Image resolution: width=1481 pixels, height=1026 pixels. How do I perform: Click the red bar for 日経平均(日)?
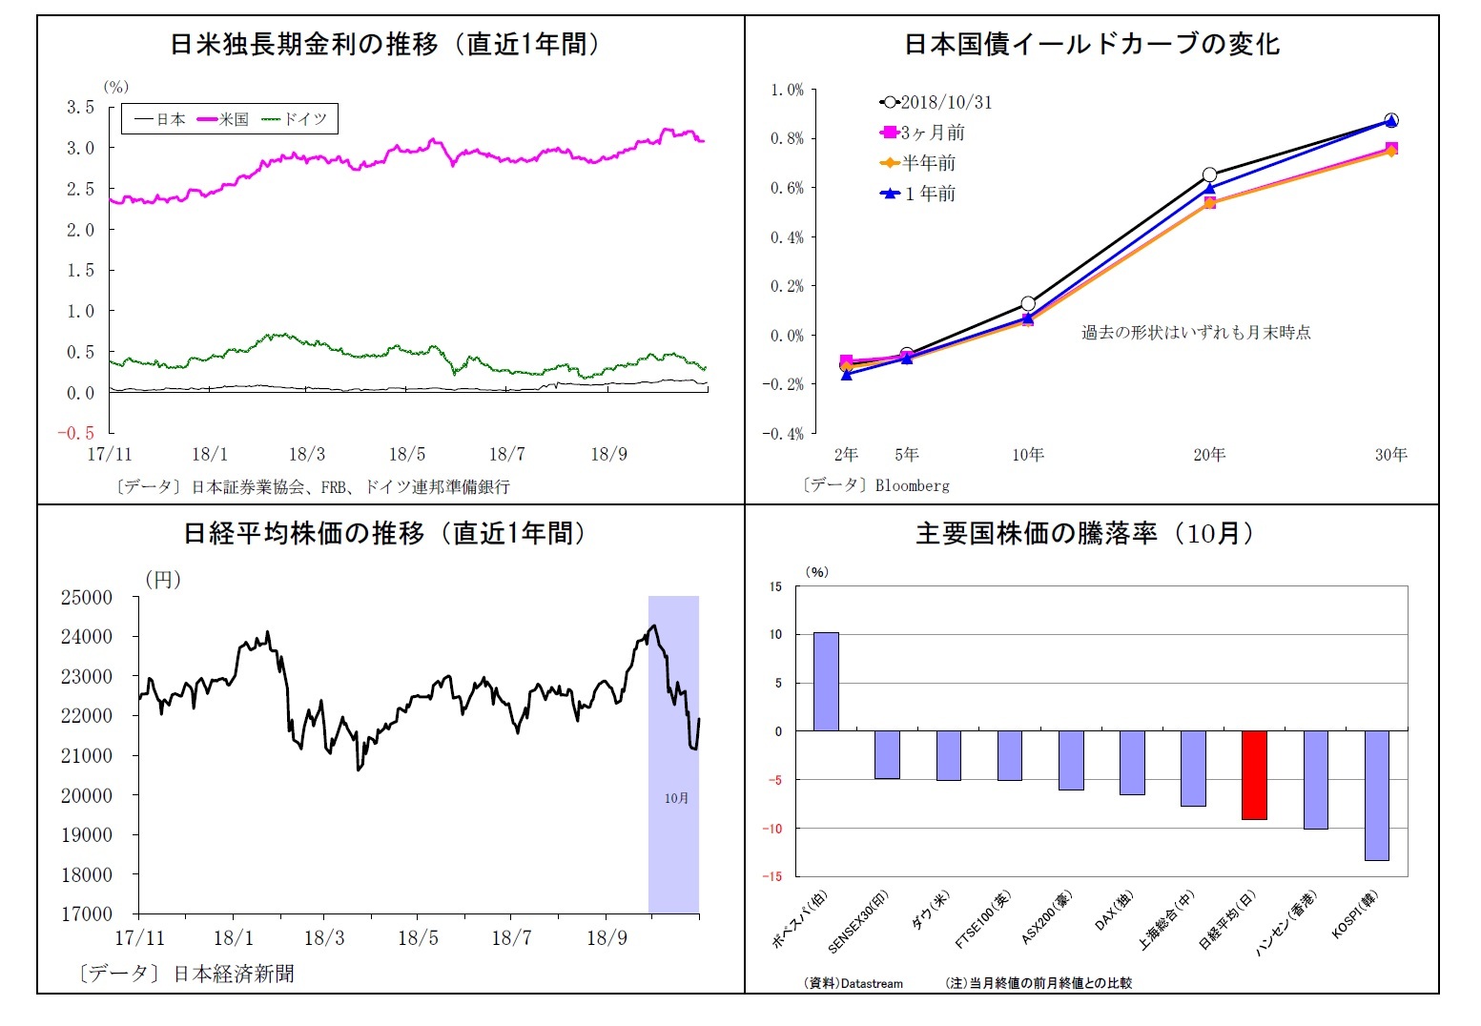[x=1254, y=774]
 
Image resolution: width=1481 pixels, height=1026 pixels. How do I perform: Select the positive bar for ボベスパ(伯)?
[x=826, y=681]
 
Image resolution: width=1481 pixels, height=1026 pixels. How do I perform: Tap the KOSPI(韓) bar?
[x=1376, y=795]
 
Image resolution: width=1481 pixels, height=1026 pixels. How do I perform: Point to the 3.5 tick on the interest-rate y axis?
[x=81, y=107]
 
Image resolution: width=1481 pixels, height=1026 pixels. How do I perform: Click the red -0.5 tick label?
[x=76, y=433]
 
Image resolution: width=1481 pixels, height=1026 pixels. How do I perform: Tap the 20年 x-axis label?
[x=1209, y=455]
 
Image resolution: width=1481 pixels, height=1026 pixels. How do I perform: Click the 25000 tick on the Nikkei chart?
[x=87, y=597]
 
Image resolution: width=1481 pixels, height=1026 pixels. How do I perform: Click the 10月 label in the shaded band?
[x=676, y=798]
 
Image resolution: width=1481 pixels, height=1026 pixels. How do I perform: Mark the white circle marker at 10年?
[x=1028, y=303]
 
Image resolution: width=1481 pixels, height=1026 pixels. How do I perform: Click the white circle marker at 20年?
[x=1209, y=174]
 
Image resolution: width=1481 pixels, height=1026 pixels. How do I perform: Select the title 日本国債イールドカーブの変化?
[x=1091, y=44]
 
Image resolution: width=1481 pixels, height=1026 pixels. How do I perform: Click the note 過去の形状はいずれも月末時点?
[x=1196, y=332]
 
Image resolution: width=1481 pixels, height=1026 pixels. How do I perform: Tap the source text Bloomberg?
[x=912, y=485]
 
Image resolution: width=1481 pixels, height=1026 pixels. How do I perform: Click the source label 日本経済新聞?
[x=234, y=974]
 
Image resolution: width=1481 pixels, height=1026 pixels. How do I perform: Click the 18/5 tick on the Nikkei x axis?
[x=418, y=937]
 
